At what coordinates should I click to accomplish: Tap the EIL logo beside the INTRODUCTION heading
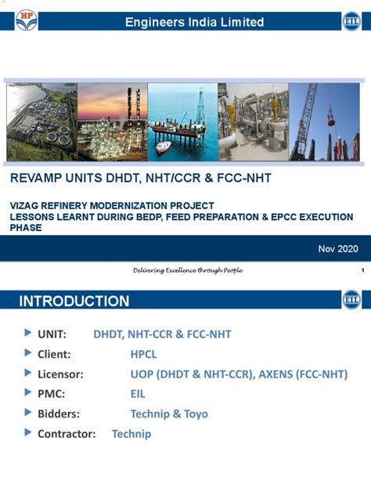tap(351, 300)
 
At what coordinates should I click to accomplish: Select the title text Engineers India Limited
tap(194, 23)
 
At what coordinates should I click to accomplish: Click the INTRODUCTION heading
tap(74, 302)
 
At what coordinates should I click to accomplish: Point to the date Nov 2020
tap(337, 248)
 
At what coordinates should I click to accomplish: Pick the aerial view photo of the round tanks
tap(41, 121)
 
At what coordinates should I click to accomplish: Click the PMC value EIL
tap(138, 394)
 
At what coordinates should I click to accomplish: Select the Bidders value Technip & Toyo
tap(169, 414)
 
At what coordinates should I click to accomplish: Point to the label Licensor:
tap(62, 374)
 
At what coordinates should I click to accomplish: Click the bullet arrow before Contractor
tap(28, 433)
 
